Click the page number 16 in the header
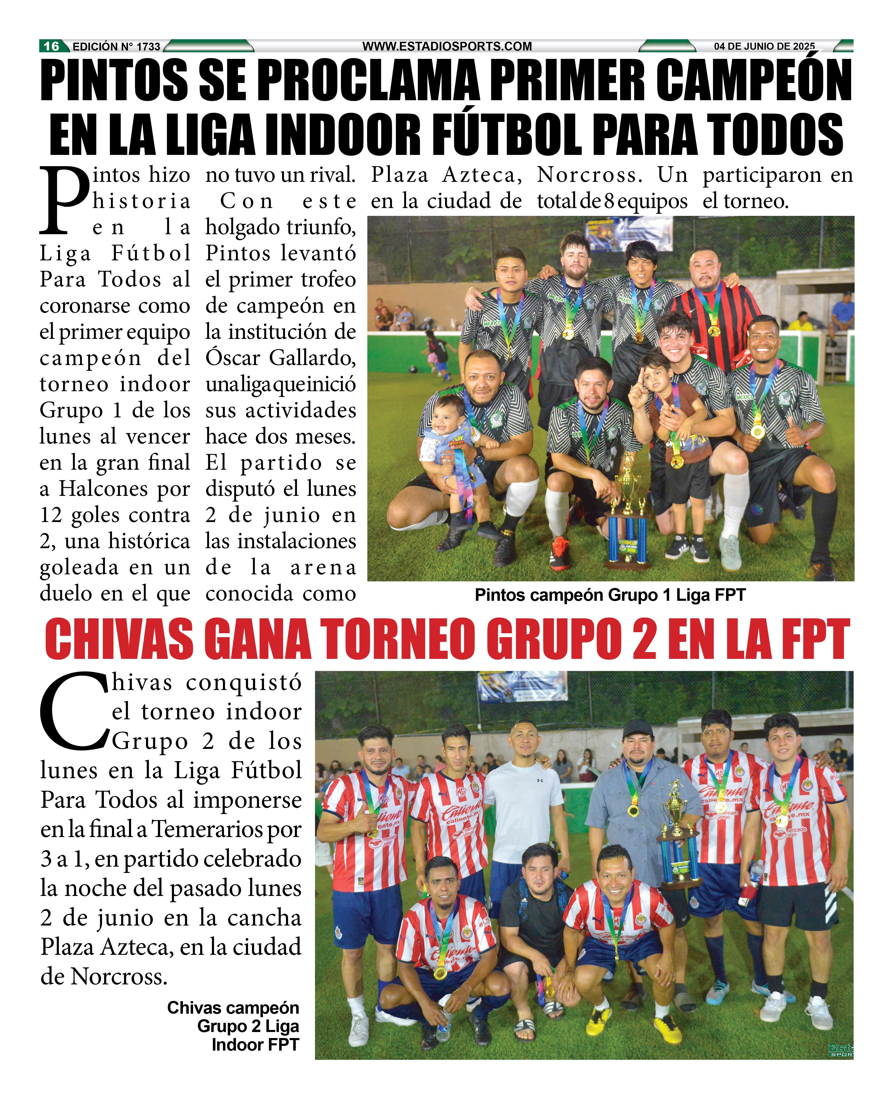coord(51,46)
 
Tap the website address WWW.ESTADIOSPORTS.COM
coord(447,46)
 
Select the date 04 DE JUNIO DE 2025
coord(764,46)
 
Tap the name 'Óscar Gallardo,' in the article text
coord(280,358)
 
